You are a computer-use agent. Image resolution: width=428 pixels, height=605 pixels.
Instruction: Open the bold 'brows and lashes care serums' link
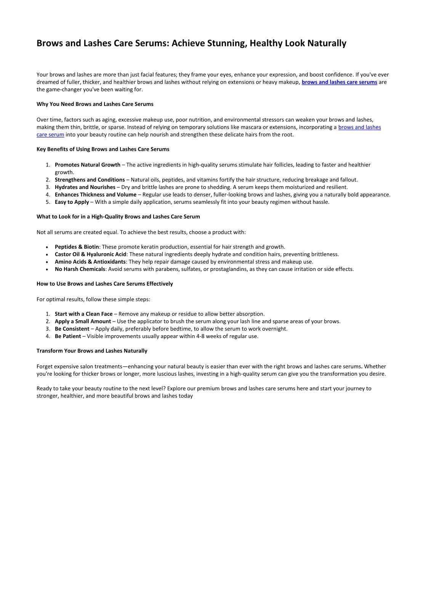tap(339, 82)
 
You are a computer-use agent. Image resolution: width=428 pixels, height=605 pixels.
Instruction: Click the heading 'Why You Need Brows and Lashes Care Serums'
tap(95, 104)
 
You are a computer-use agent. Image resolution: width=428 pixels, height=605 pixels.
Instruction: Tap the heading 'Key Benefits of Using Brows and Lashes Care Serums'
tap(103, 149)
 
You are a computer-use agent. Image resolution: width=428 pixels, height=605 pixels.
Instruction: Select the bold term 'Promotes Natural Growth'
tap(87, 165)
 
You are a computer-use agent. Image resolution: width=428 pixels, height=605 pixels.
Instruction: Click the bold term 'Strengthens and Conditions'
tap(90, 180)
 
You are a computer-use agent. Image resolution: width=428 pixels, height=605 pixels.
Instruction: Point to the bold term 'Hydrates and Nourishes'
tap(85, 187)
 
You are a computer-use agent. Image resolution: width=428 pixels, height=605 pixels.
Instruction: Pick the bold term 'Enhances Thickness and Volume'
tap(95, 195)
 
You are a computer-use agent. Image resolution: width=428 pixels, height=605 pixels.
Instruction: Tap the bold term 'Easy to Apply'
tap(72, 202)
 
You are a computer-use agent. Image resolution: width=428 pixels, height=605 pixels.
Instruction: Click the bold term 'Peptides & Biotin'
tap(77, 247)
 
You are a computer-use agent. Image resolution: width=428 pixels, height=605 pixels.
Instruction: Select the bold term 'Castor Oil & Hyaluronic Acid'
tap(90, 254)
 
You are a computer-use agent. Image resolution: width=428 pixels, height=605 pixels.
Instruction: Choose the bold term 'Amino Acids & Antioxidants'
tap(90, 262)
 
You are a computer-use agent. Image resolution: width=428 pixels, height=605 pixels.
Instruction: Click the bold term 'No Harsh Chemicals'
tap(80, 269)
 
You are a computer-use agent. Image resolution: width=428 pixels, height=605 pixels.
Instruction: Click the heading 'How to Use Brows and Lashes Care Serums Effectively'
tap(104, 284)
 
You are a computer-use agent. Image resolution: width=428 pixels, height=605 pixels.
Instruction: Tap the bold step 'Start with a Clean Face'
tap(83, 314)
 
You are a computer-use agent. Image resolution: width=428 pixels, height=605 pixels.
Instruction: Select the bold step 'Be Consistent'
tap(72, 329)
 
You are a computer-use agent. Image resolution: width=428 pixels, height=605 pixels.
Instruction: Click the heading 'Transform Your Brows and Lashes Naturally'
tap(92, 351)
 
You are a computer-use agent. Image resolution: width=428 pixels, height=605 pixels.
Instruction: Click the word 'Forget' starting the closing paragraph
tap(45, 367)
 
